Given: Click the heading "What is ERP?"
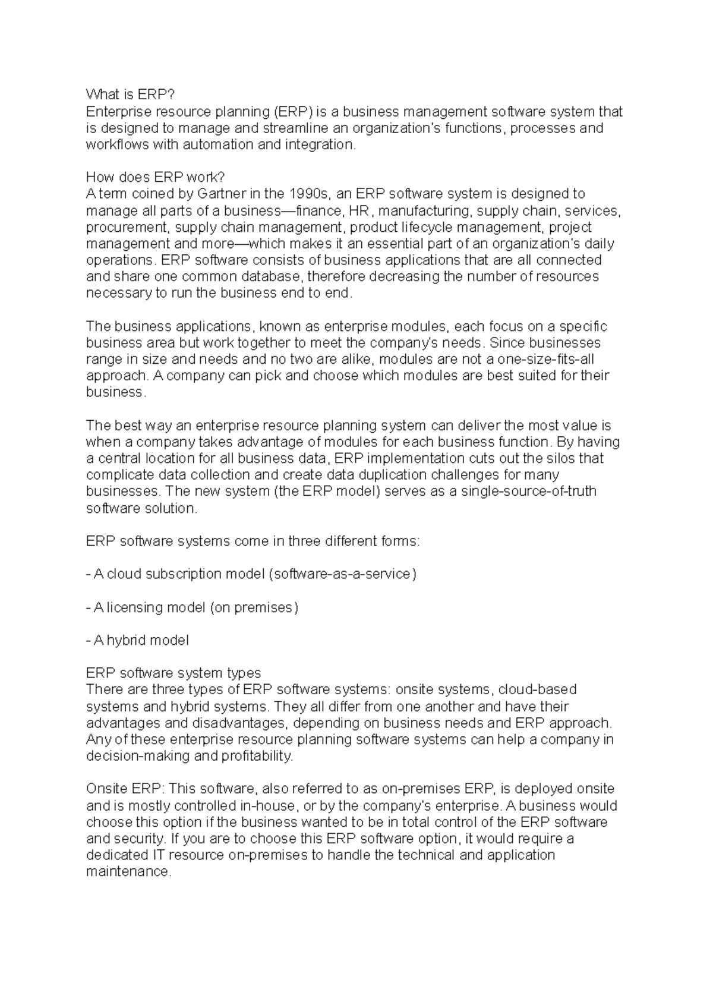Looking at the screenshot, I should [x=131, y=94].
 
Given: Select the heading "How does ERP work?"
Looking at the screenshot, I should [x=156, y=177].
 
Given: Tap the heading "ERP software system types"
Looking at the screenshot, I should [x=173, y=673].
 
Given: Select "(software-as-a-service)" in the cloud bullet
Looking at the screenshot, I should [x=342, y=574].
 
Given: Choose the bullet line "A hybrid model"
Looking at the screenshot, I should [x=138, y=640].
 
